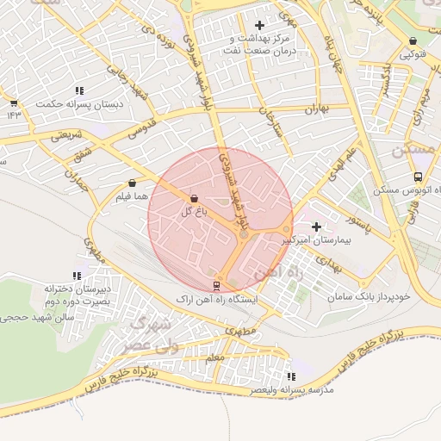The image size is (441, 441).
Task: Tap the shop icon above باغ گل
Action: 193,198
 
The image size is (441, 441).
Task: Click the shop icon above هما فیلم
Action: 132,183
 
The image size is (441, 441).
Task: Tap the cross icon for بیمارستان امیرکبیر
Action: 316,226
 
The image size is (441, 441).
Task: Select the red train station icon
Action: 215,285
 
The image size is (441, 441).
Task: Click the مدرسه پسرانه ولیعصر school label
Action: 292,390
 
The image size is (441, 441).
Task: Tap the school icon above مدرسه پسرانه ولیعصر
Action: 291,376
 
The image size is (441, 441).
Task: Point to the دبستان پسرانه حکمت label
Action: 79,103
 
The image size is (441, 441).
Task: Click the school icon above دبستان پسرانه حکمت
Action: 79,90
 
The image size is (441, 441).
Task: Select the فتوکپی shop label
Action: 411,54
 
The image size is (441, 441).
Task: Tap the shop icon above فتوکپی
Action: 413,40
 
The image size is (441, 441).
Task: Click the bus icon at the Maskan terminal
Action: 418,177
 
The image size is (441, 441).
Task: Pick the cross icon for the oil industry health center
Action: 259,26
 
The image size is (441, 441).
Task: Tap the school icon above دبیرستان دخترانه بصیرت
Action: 78,276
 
